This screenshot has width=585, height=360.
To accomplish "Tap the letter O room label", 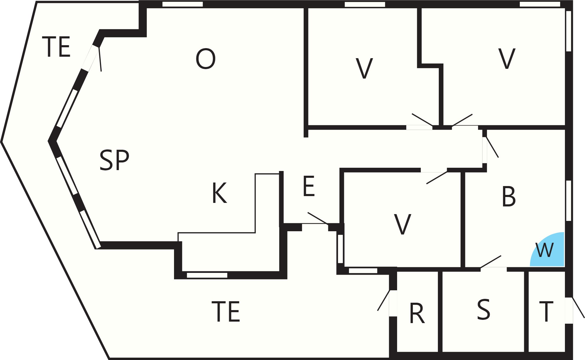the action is pyautogui.click(x=206, y=59).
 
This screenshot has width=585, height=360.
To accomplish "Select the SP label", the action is pyautogui.click(x=114, y=160).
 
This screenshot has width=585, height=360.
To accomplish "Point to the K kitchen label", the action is pyautogui.click(x=220, y=193).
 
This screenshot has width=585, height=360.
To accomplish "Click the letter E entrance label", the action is pyautogui.click(x=309, y=186).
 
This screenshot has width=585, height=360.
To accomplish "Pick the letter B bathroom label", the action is pyautogui.click(x=508, y=197).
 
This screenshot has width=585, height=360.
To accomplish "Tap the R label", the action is pyautogui.click(x=417, y=313).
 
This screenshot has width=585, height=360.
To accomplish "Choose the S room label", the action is pyautogui.click(x=484, y=309).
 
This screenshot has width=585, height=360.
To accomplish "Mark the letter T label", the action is pyautogui.click(x=546, y=312).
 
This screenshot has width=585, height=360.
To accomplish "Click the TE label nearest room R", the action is pyautogui.click(x=226, y=311).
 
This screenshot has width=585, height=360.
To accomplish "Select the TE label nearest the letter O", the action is pyautogui.click(x=56, y=47).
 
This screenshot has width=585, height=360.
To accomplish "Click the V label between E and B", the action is pyautogui.click(x=402, y=224).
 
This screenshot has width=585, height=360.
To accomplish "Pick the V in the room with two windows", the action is pyautogui.click(x=507, y=58).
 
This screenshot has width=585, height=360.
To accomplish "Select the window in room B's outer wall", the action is pyautogui.click(x=568, y=201).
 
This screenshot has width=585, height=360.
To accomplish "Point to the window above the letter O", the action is pyautogui.click(x=183, y=4).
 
